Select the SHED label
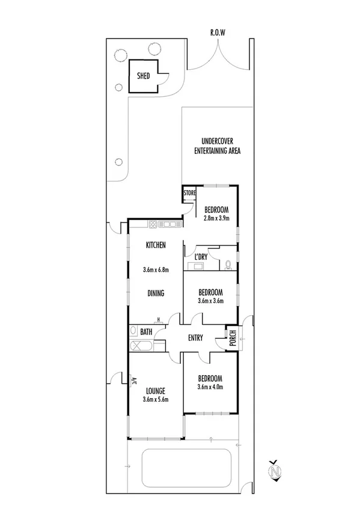pos(143,77)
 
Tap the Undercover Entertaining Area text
pos(217,147)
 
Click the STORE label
pos(189,193)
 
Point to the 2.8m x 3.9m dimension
pos(217,218)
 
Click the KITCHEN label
pos(156,245)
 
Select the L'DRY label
pos(201,257)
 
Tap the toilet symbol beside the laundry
pos(228,264)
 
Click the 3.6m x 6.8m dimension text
pos(156,269)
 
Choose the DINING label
pos(156,293)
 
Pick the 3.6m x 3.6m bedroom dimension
pos(210,301)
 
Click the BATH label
pos(146,331)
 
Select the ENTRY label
pos(196,338)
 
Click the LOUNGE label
pos(154,390)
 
